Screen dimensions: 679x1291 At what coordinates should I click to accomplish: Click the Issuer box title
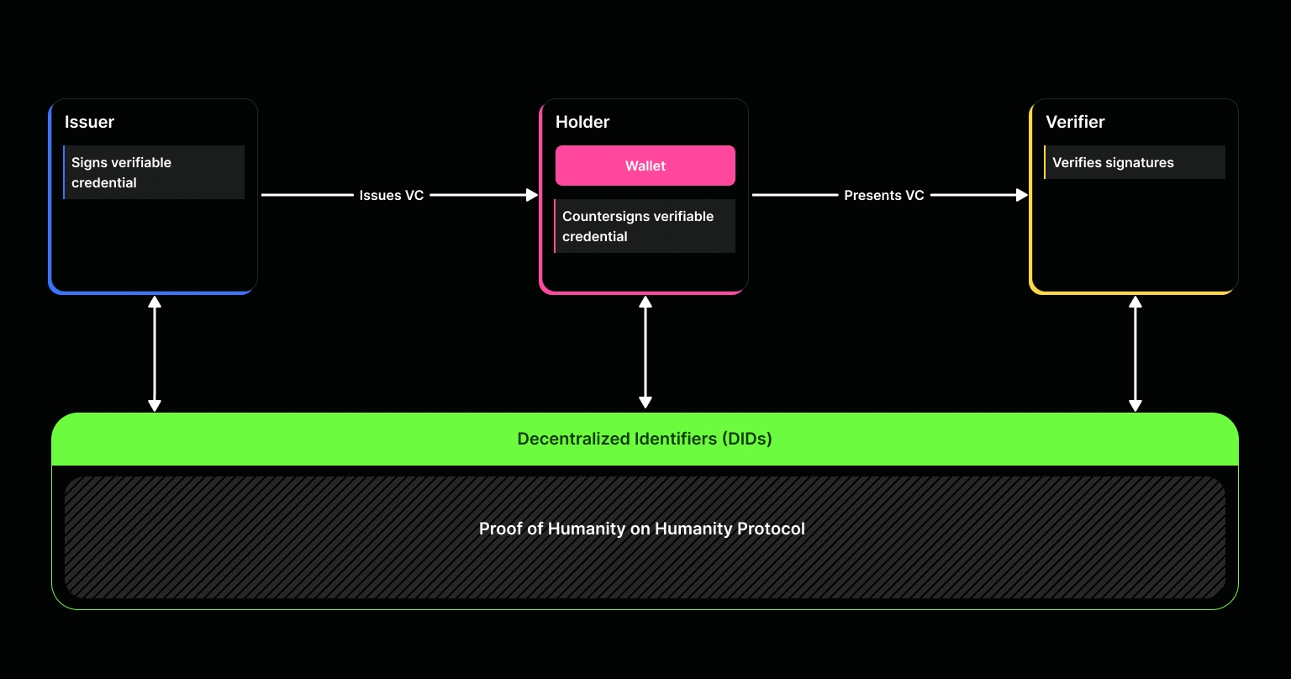pyautogui.click(x=89, y=122)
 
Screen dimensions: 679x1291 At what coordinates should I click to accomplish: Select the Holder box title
pyautogui.click(x=582, y=122)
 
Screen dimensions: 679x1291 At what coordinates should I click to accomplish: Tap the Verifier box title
pyautogui.click(x=1074, y=122)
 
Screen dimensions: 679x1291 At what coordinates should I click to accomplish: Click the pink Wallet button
pyautogui.click(x=645, y=166)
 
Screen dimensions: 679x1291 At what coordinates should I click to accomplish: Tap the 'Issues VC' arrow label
pyautogui.click(x=392, y=195)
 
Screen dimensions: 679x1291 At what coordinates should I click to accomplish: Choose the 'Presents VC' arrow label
pyautogui.click(x=883, y=195)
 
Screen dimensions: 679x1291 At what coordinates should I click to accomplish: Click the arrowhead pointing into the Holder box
pyautogui.click(x=532, y=195)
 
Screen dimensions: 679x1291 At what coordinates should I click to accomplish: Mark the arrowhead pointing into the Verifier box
pyautogui.click(x=1022, y=195)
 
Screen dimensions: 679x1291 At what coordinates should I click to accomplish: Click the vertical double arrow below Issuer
pyautogui.click(x=155, y=354)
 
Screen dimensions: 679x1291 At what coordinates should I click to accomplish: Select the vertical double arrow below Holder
pyautogui.click(x=645, y=352)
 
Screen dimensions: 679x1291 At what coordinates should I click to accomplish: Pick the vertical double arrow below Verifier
pyautogui.click(x=1135, y=354)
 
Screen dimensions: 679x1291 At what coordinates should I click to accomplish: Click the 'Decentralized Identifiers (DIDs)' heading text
pyautogui.click(x=645, y=439)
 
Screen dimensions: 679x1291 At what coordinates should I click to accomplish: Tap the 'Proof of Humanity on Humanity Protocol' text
pyautogui.click(x=642, y=529)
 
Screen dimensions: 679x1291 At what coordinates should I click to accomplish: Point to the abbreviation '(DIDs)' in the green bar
pyautogui.click(x=746, y=439)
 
